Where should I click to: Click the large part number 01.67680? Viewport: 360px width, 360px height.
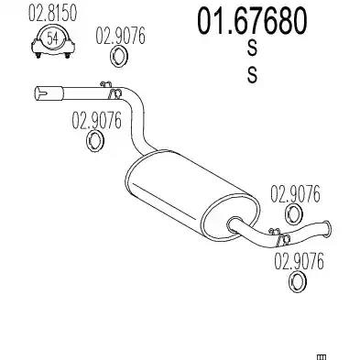point(252,21)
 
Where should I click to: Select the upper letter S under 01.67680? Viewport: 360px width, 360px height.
point(252,49)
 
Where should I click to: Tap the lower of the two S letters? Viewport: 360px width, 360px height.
point(252,75)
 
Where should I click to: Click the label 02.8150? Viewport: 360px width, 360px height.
point(52,14)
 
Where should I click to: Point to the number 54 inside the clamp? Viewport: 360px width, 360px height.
point(53,38)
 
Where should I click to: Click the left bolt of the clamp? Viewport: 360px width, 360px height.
point(38,56)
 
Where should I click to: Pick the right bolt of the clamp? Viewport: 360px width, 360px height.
point(68,55)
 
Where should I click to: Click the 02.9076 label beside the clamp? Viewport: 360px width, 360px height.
point(121,36)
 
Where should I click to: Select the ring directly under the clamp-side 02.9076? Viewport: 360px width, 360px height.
point(119,57)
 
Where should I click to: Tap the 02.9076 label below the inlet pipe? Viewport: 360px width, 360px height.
point(96,120)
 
